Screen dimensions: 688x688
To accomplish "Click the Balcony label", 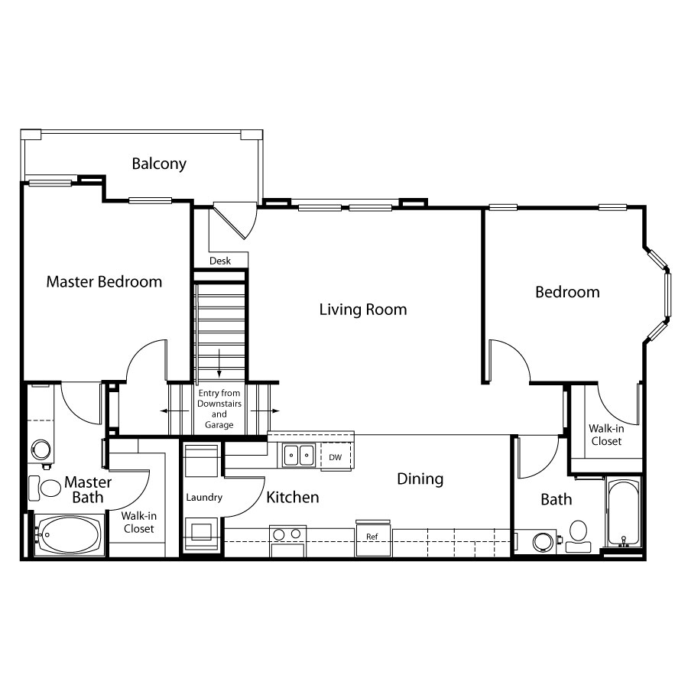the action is tap(159, 164).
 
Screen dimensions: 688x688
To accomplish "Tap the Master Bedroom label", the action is tap(104, 281).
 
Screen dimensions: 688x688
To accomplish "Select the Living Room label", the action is tap(363, 310).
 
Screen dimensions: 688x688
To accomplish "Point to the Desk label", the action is tap(220, 261).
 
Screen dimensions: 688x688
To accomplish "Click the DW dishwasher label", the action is tap(336, 457).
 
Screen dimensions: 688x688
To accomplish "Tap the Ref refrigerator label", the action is tap(372, 537).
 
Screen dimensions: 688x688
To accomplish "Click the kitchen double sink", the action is tap(299, 456).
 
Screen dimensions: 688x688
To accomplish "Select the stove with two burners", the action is tap(287, 541).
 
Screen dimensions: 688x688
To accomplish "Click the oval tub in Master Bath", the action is tap(70, 535).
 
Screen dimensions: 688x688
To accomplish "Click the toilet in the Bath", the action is tap(579, 536).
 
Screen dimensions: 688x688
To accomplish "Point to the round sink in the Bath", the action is tap(544, 542).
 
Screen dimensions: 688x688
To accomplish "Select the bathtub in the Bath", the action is tap(624, 514).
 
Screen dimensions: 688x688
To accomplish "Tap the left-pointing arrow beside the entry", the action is tap(174, 411).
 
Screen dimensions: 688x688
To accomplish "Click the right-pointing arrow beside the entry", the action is tap(264, 411).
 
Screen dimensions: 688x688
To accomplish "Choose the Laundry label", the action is tap(204, 498).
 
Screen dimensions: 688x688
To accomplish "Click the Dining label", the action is tap(420, 479).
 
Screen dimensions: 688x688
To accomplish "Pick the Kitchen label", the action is tap(293, 497).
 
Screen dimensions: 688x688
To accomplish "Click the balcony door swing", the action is tap(235, 221).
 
